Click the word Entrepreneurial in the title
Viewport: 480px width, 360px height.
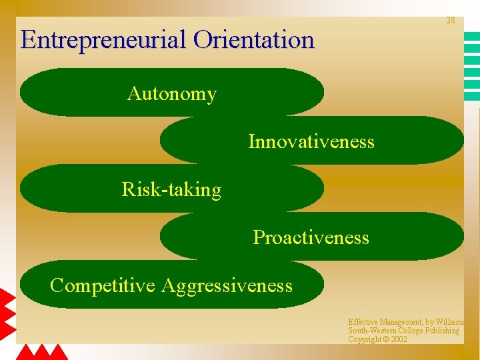(104, 40)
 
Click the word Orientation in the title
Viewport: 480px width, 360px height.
(253, 40)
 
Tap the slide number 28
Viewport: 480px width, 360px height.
(451, 21)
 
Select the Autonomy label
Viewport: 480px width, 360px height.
(172, 94)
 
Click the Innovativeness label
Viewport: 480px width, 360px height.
(311, 142)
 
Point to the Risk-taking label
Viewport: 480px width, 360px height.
(171, 190)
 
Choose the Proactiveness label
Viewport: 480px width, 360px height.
(311, 238)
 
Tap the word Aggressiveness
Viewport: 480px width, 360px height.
(227, 286)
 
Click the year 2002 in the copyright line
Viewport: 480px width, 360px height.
(399, 339)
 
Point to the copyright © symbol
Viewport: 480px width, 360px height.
(385, 339)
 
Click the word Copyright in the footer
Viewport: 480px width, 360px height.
(364, 339)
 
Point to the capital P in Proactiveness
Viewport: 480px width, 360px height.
(259, 237)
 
